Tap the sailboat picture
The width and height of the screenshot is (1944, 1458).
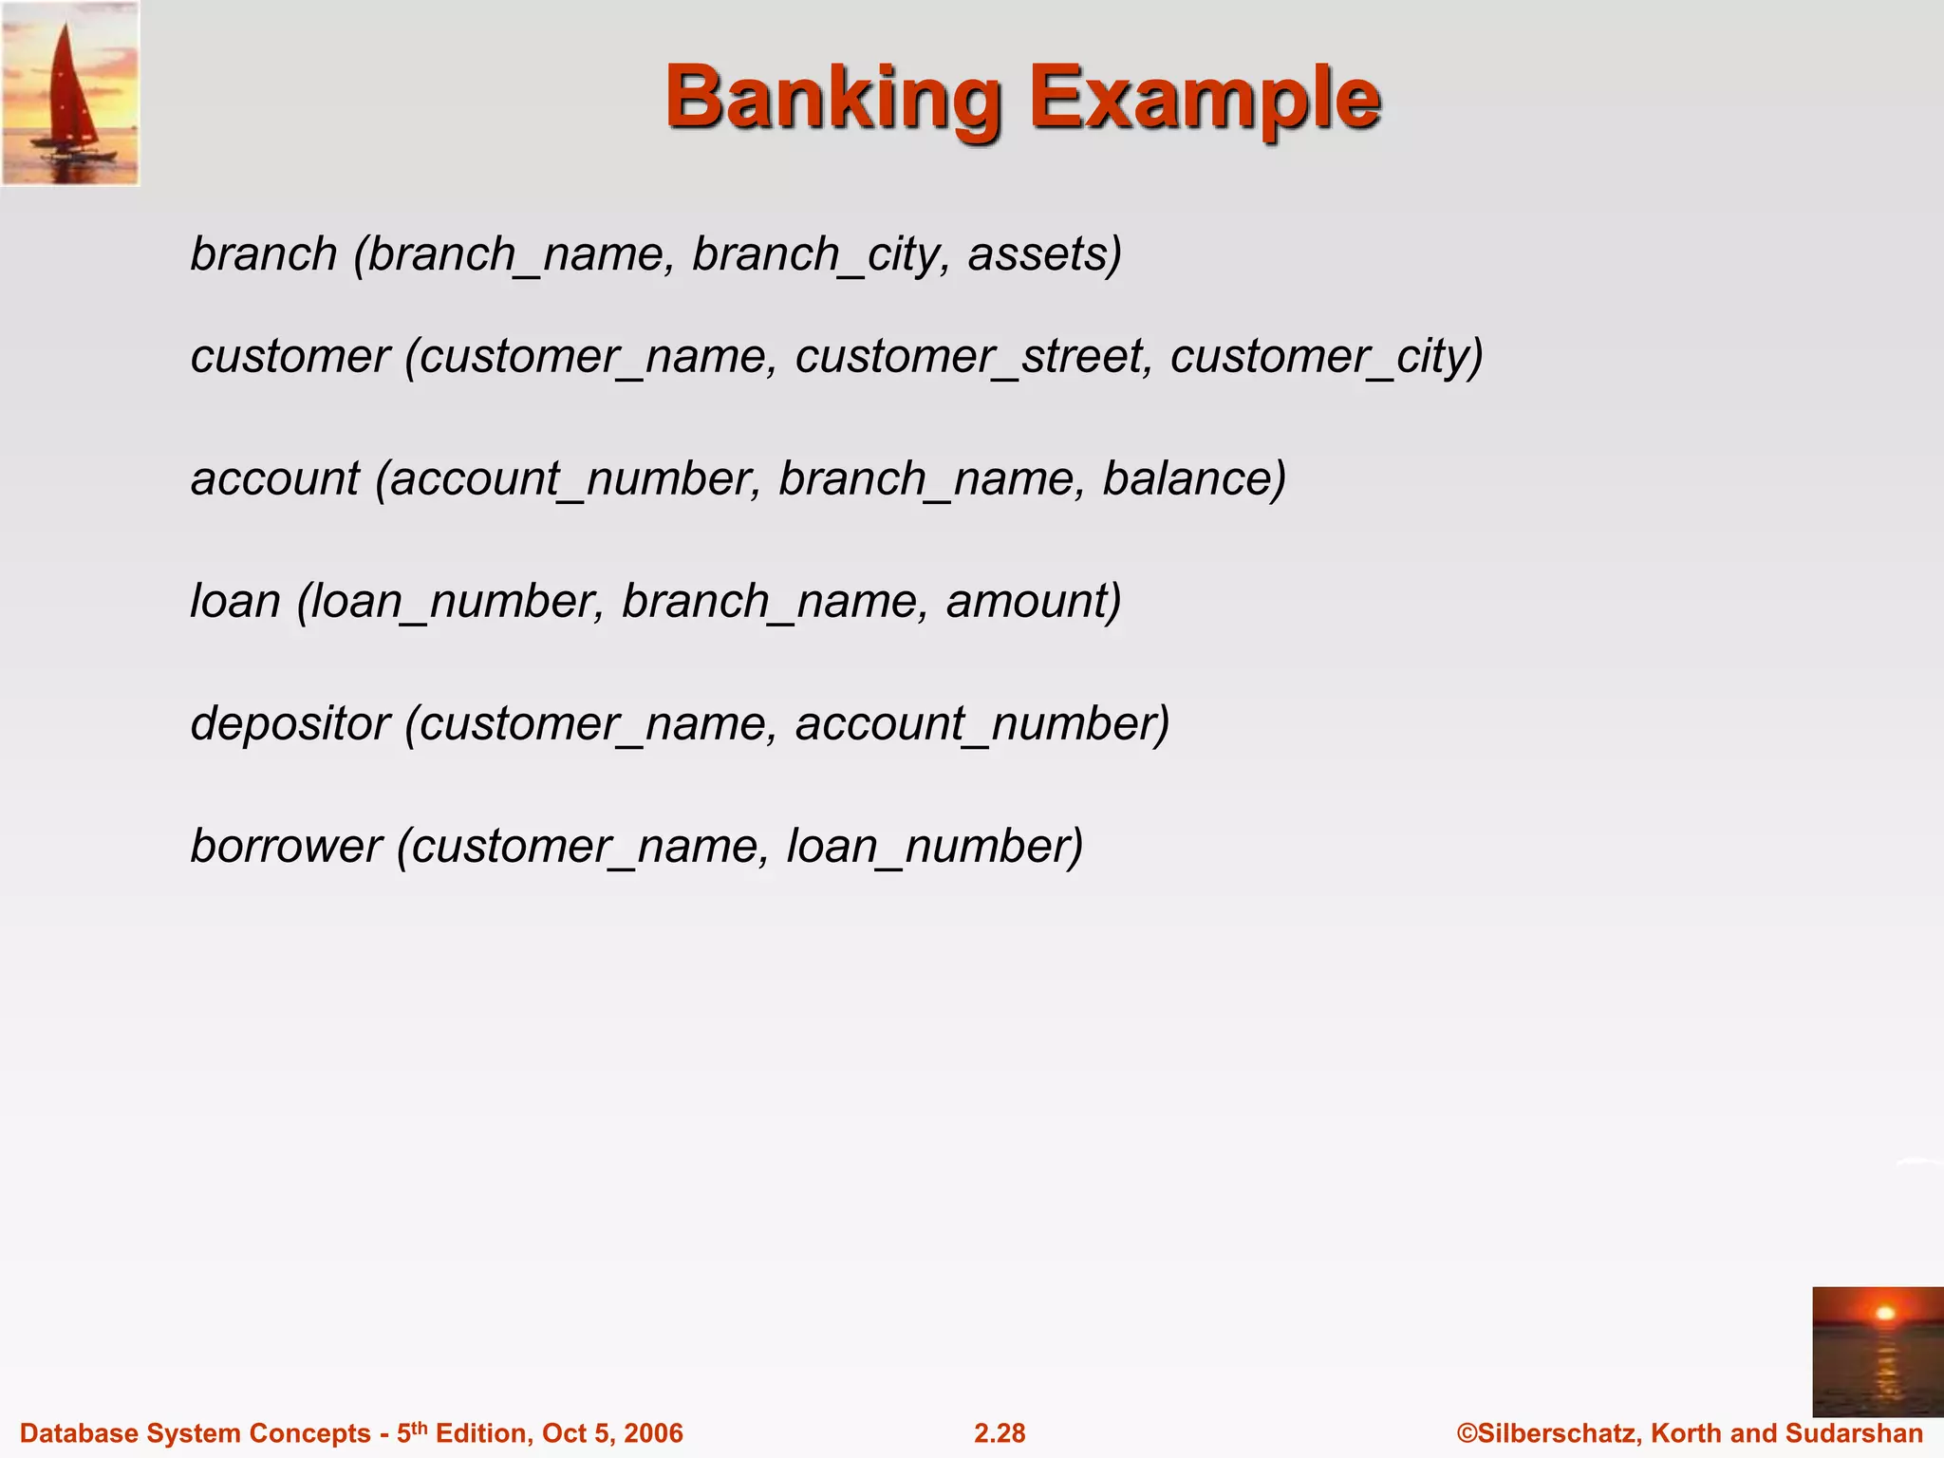[x=70, y=93]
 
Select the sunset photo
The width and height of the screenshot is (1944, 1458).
[x=1877, y=1351]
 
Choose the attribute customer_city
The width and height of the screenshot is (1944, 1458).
[x=1325, y=357]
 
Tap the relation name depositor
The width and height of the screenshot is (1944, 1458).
[x=290, y=724]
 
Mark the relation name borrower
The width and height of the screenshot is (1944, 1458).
[x=286, y=846]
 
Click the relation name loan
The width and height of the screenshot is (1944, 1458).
[x=235, y=602]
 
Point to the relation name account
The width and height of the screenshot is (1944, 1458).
[x=275, y=478]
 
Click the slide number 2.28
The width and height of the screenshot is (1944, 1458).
[x=1000, y=1433]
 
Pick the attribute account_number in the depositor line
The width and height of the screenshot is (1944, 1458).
[x=981, y=724]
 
